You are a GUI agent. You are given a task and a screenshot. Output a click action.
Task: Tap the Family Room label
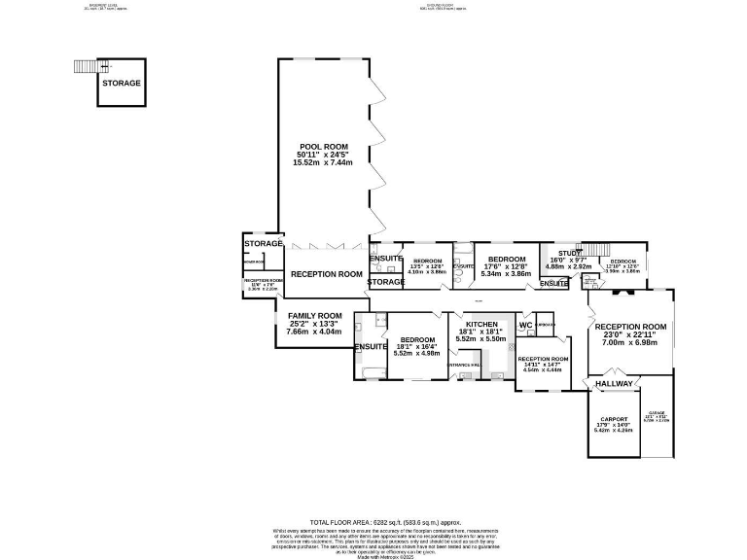click(x=314, y=316)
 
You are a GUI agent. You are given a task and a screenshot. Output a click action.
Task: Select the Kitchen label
click(x=481, y=324)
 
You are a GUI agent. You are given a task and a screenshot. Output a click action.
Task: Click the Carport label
click(x=614, y=422)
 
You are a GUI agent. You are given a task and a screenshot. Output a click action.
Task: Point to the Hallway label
click(x=615, y=384)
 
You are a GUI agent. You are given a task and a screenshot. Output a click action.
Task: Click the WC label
click(x=524, y=325)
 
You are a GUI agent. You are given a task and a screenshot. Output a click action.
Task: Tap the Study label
click(x=570, y=254)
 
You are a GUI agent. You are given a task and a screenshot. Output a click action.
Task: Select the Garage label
click(x=658, y=417)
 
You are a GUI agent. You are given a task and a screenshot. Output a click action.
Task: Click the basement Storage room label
click(x=122, y=84)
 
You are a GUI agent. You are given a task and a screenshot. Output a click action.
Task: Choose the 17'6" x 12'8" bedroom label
click(x=507, y=260)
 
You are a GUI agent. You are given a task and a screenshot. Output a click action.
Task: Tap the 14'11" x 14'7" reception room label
click(x=544, y=359)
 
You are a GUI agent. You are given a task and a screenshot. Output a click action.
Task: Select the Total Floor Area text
click(x=373, y=521)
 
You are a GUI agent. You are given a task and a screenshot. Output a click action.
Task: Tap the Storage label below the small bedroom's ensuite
click(x=385, y=282)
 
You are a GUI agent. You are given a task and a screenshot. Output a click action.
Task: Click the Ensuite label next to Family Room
click(x=371, y=347)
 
